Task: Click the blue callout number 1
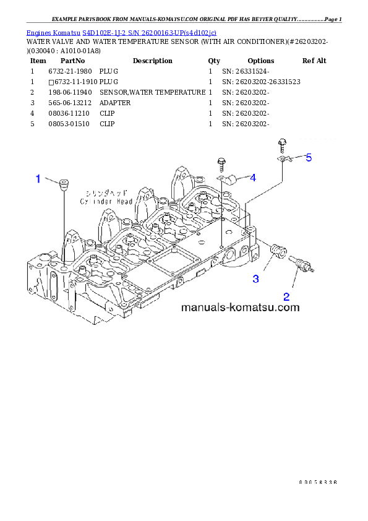38,179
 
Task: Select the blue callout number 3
256,279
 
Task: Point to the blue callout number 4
253,178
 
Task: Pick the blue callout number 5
309,158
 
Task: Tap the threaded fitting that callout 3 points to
278,251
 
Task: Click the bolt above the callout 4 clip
221,164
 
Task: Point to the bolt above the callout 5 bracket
281,145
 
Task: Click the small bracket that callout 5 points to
283,160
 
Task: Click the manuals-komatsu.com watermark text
240,307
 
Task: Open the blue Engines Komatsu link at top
121,32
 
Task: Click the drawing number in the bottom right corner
317,481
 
